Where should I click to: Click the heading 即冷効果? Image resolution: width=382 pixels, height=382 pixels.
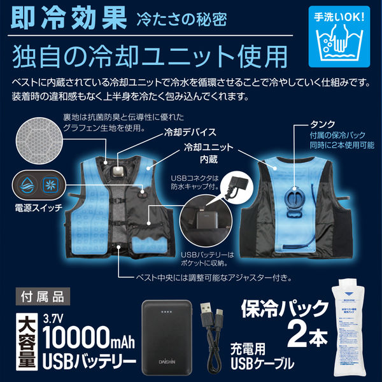click(66, 19)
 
